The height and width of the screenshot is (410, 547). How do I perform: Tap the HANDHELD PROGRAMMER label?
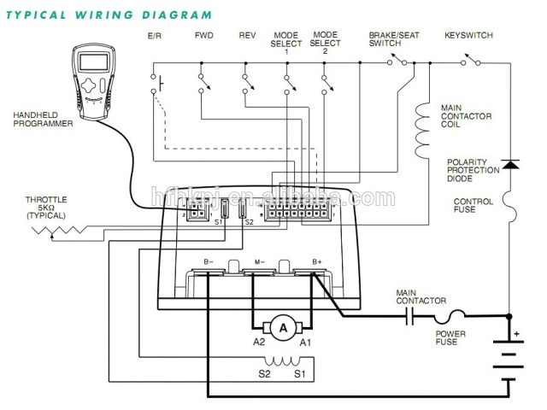point(42,119)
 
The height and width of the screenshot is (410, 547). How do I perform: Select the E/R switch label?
point(156,36)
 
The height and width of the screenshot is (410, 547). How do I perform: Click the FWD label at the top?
point(203,36)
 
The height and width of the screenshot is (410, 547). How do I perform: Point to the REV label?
point(247,36)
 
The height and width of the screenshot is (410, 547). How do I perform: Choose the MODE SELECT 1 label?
point(285,43)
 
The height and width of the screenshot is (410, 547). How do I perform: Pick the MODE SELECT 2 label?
point(325,43)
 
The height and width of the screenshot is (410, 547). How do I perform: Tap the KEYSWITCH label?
point(467,36)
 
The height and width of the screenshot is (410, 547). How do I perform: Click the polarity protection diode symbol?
point(510,162)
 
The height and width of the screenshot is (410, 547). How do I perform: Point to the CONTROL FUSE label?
point(473,207)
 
